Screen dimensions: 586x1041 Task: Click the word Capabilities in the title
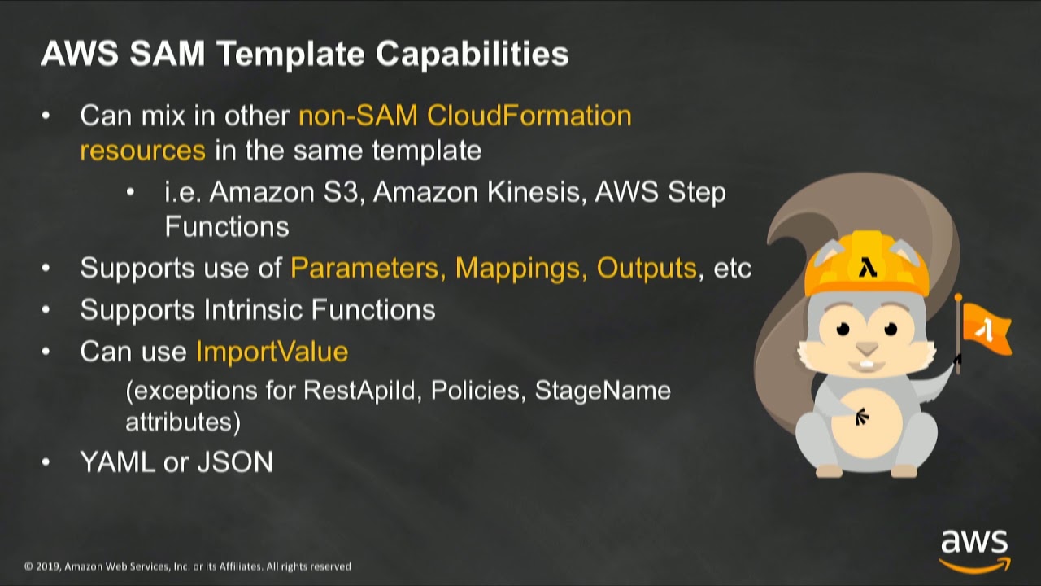click(472, 55)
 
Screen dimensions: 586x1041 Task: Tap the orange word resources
click(142, 151)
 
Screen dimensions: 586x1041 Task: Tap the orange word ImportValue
click(272, 352)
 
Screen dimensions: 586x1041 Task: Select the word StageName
click(603, 391)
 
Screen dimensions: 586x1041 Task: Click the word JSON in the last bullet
click(235, 462)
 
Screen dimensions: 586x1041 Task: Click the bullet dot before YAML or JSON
click(46, 462)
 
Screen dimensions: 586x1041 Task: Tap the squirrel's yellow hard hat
click(866, 265)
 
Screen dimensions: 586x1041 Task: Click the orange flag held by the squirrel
click(985, 329)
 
